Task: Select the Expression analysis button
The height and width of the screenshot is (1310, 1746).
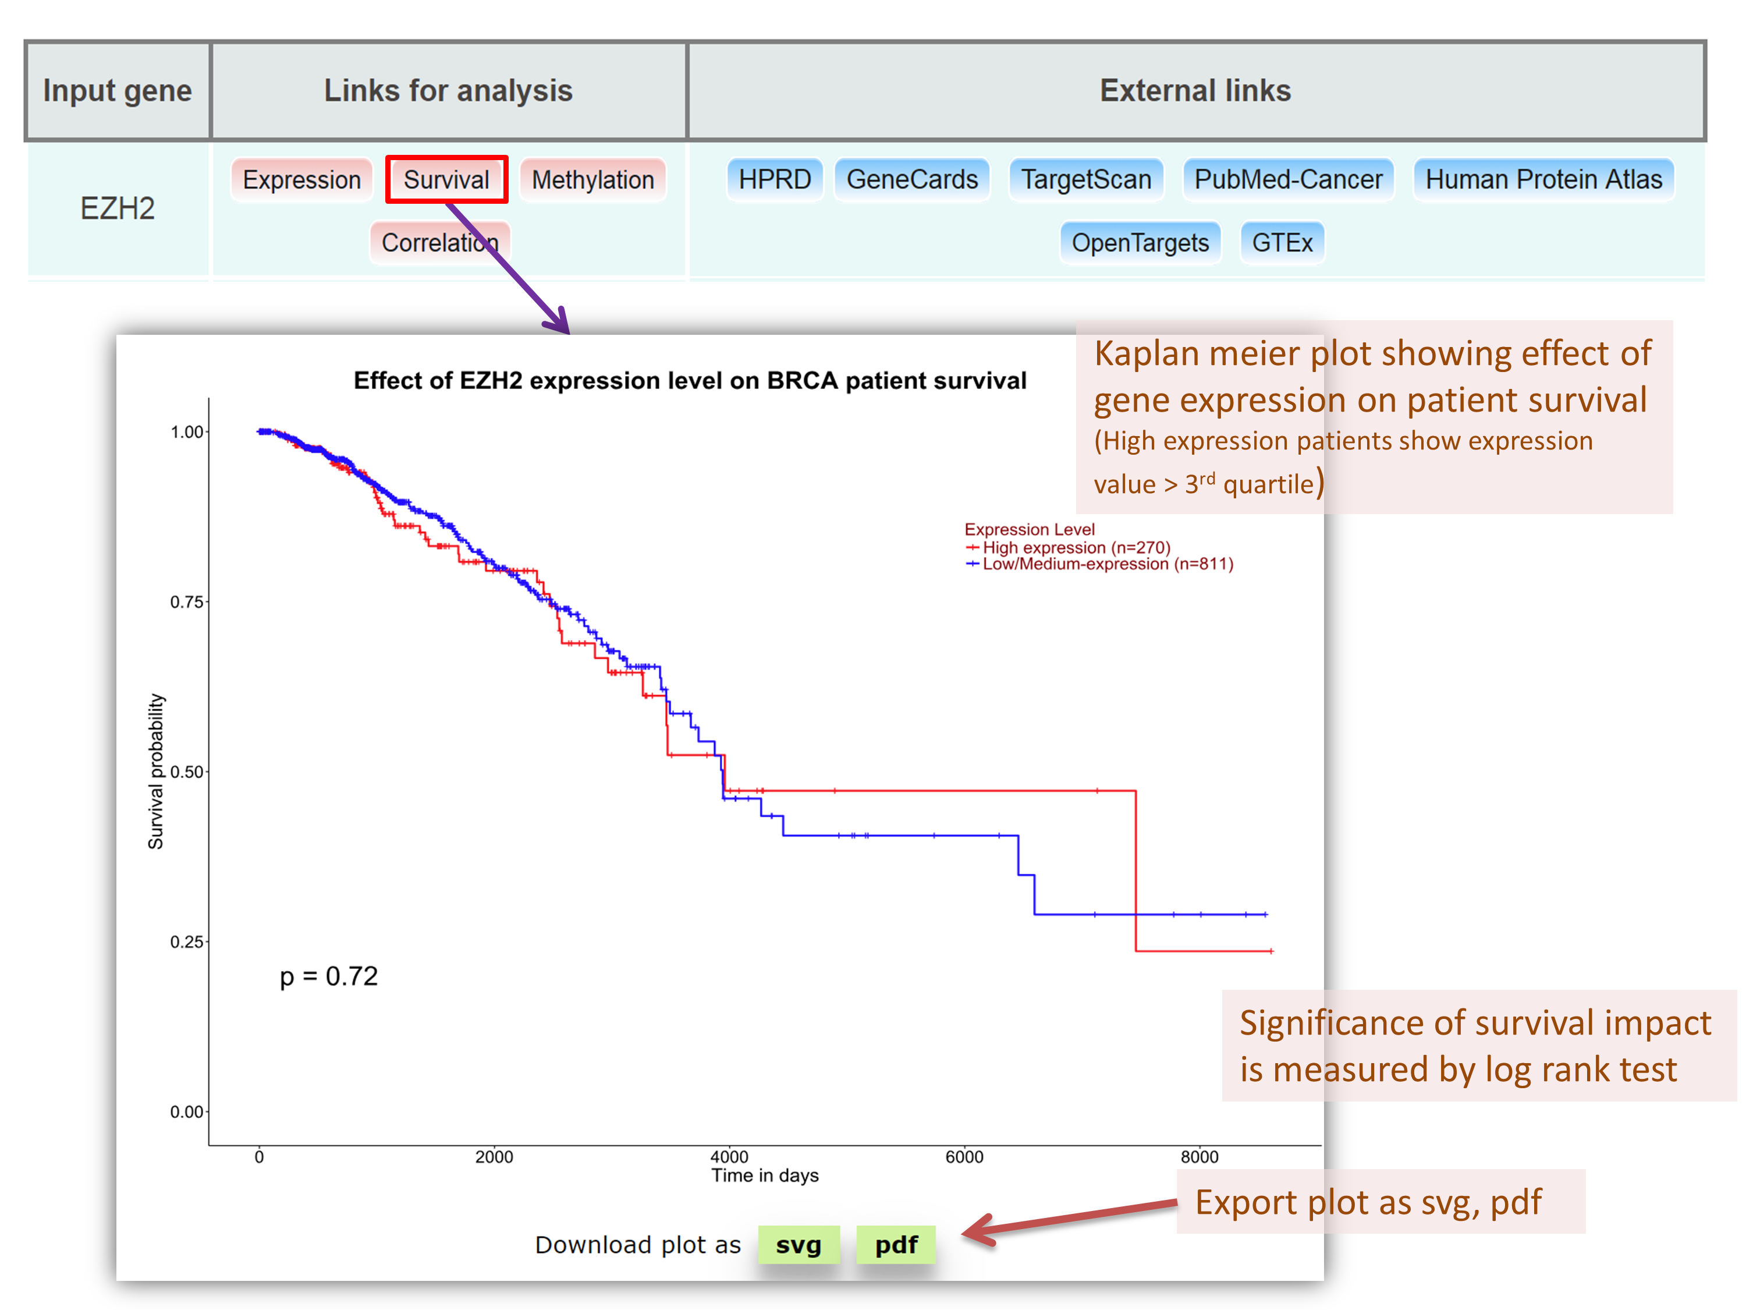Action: click(x=301, y=179)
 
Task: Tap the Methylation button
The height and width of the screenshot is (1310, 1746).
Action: click(x=593, y=179)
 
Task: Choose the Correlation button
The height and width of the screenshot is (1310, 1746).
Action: click(x=439, y=242)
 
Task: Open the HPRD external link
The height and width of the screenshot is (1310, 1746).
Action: click(x=774, y=179)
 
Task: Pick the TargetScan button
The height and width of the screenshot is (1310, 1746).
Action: click(x=1086, y=179)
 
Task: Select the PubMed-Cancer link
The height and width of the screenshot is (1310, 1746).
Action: click(x=1288, y=179)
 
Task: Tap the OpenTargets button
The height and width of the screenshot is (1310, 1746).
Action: click(x=1140, y=242)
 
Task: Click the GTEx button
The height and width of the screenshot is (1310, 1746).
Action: click(x=1282, y=242)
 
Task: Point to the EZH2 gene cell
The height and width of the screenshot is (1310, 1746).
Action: click(x=118, y=208)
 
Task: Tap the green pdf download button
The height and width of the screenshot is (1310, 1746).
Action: click(x=896, y=1244)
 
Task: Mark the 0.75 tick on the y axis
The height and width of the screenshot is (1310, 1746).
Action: click(x=187, y=601)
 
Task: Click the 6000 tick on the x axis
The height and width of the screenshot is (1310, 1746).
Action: click(x=964, y=1157)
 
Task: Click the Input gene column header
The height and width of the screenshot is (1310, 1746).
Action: click(x=118, y=91)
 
